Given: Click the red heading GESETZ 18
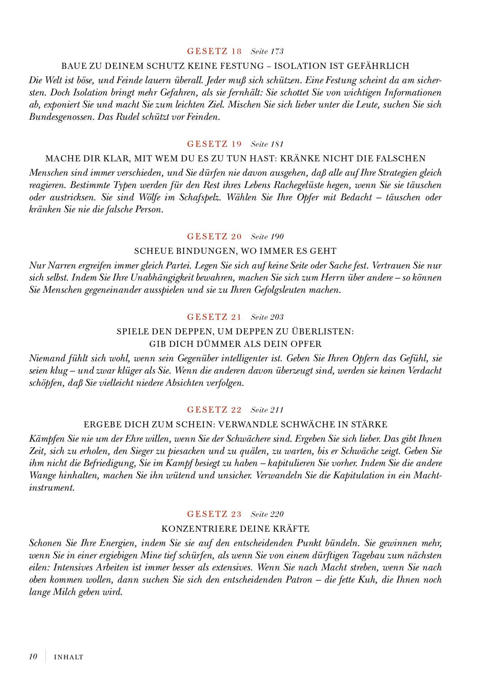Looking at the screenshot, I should point(214,51).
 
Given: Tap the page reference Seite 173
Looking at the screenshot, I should point(267,51).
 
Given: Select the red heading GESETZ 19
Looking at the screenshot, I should point(214,144).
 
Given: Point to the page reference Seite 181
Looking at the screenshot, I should point(267,144).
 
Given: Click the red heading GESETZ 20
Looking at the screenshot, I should point(214,236).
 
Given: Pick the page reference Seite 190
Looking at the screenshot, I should point(267,236).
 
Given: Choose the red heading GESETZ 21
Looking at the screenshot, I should point(214,317).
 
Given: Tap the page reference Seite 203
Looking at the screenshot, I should point(267,317).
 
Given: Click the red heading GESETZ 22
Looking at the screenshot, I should point(214,410).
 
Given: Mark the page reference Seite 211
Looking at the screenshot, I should point(267,410).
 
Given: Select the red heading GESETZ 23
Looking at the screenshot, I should point(214,514).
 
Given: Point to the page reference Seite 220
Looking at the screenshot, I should point(267,514).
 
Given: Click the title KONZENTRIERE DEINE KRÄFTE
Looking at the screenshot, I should point(235,529).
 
